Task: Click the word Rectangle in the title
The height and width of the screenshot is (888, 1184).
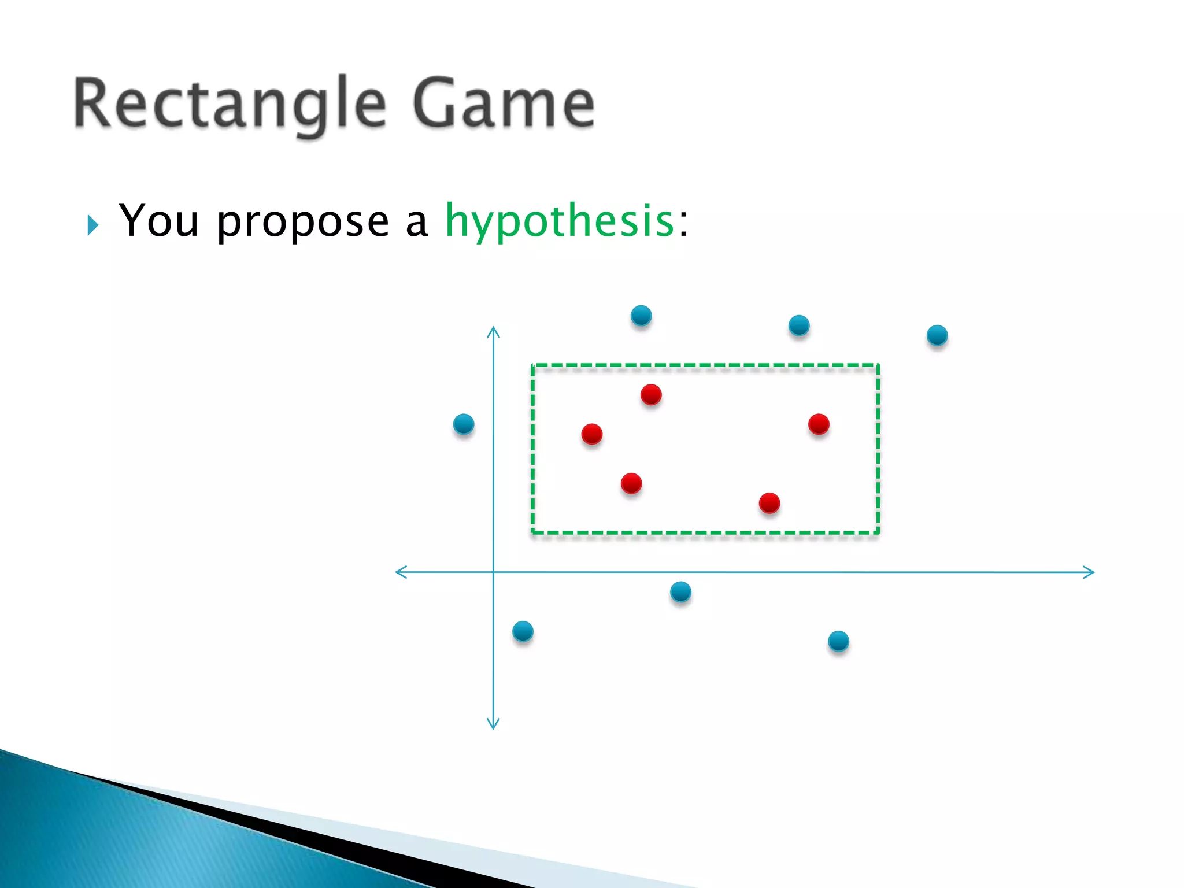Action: [230, 104]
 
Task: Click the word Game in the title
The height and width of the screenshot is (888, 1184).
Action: [503, 104]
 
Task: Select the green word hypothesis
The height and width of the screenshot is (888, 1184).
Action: [559, 221]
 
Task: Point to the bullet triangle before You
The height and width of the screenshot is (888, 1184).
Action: [92, 225]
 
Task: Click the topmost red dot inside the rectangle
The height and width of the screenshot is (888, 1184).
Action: [651, 394]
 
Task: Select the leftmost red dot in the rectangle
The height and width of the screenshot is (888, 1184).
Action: [592, 434]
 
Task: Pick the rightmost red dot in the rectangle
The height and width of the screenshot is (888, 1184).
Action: [819, 424]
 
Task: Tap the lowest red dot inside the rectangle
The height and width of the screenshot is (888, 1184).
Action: [769, 502]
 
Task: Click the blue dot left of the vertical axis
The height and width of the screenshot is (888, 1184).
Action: [464, 424]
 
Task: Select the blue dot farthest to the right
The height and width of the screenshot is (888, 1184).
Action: [937, 335]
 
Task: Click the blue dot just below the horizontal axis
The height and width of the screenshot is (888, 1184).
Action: [680, 591]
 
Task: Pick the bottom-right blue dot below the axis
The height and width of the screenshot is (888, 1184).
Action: [838, 641]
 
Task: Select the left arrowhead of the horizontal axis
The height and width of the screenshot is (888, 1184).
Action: [398, 572]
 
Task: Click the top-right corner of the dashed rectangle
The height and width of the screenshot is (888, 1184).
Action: [878, 365]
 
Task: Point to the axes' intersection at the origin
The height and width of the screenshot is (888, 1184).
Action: [493, 572]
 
